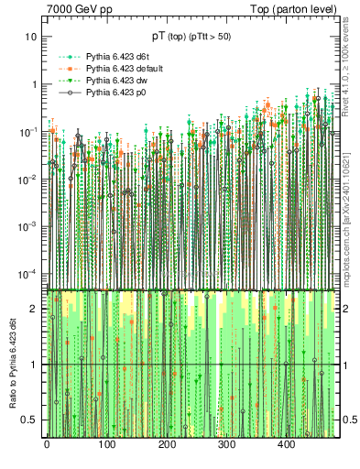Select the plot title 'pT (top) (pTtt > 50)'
191,36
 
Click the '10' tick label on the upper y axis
31,37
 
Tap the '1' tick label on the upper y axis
34,84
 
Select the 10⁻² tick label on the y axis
29,180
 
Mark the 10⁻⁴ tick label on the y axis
29,275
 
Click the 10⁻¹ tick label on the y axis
29,132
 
